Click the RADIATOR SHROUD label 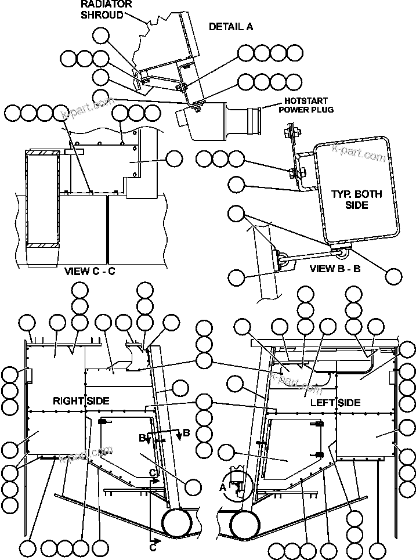(x=106, y=10)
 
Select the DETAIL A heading (x=230, y=27)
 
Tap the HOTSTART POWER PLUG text (x=306, y=105)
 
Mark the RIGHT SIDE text (x=81, y=400)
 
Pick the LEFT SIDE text (x=335, y=402)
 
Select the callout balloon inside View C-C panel (x=174, y=158)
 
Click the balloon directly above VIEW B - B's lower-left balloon (x=236, y=214)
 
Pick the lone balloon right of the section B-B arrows (x=194, y=483)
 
